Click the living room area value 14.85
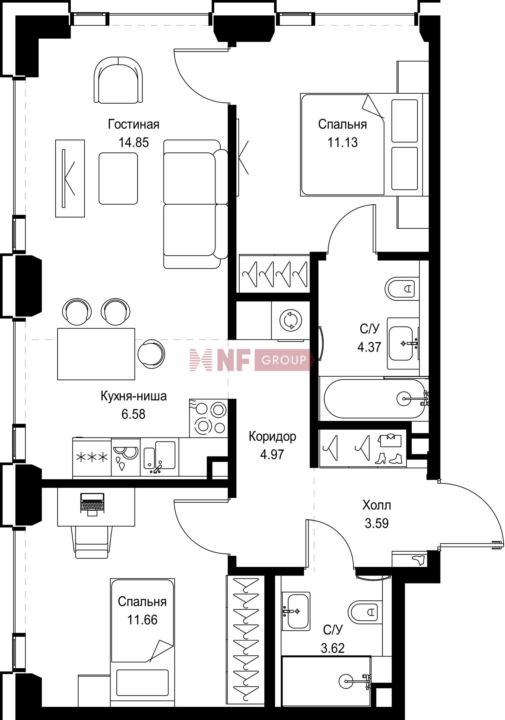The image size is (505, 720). point(134,142)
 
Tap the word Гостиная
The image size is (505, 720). point(134,124)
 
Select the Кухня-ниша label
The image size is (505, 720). point(134,396)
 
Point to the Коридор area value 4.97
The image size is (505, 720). point(272,454)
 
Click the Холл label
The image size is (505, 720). point(376,505)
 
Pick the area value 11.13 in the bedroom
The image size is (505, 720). point(342,142)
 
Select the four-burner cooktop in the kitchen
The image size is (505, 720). point(208,418)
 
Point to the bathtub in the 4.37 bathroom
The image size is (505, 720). point(375,399)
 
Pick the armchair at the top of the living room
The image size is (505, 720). point(119,80)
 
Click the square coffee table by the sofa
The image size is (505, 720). point(118,178)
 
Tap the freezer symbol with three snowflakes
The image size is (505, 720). point(92,457)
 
